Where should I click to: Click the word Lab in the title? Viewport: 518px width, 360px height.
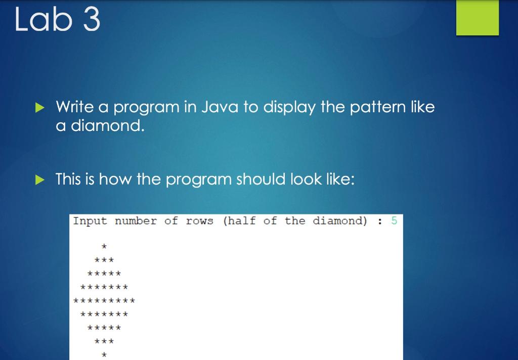(44, 20)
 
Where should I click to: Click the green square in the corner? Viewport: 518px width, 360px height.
(478, 18)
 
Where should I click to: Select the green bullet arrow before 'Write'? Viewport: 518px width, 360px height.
(39, 107)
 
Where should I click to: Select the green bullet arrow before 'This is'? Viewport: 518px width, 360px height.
(39, 179)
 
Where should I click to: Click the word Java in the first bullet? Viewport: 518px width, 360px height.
(220, 107)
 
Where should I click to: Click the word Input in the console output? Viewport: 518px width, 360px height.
(90, 221)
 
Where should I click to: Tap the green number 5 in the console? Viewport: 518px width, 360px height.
(394, 220)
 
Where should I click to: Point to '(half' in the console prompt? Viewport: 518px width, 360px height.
(239, 220)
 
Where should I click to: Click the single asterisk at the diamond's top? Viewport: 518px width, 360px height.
(104, 246)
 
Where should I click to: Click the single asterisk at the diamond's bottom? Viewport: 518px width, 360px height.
(104, 355)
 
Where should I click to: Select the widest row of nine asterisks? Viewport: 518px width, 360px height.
(104, 300)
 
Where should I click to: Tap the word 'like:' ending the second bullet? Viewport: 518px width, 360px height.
(340, 179)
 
